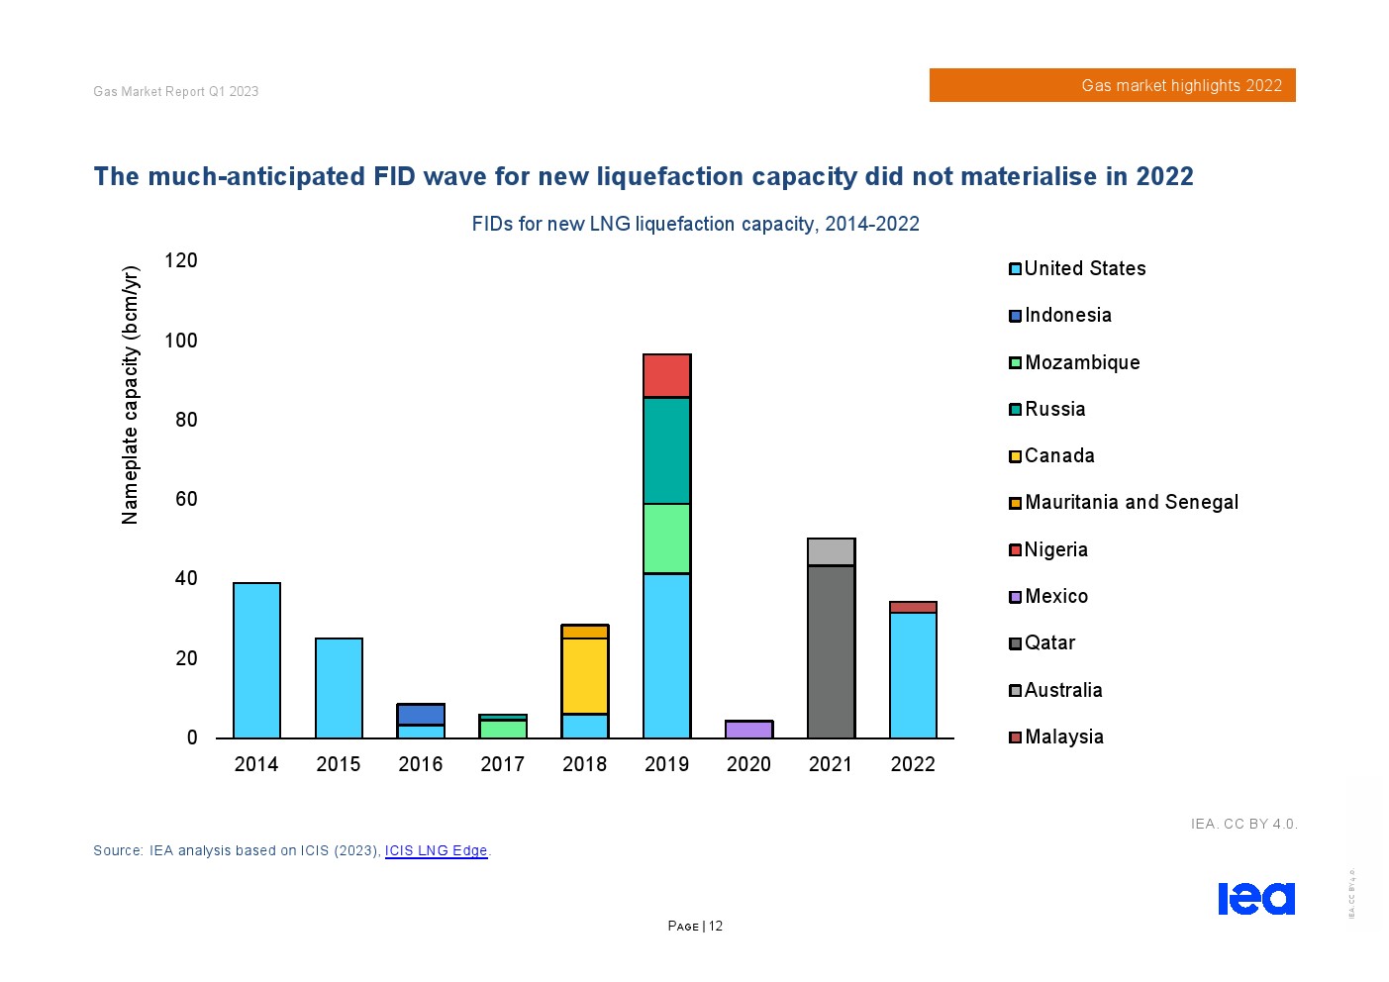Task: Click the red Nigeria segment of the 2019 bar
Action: point(666,376)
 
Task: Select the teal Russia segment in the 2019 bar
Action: point(666,450)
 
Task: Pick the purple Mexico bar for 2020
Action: point(748,730)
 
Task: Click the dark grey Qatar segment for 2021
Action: point(831,651)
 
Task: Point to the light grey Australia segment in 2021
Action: point(831,551)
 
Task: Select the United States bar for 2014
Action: point(256,660)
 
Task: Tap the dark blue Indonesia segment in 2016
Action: point(421,715)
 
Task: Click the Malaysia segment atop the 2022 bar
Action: point(913,607)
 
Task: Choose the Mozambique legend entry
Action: point(1081,362)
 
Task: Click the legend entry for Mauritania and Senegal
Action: point(1131,502)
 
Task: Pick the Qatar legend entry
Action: point(1048,642)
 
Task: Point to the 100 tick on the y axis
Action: point(181,341)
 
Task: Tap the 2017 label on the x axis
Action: point(502,764)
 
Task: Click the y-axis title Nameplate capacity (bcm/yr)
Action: point(131,395)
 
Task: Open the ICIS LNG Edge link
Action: point(436,850)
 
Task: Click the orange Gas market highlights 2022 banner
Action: point(1112,85)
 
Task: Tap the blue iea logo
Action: point(1255,898)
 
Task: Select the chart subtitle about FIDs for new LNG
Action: point(695,224)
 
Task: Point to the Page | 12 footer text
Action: point(695,926)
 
